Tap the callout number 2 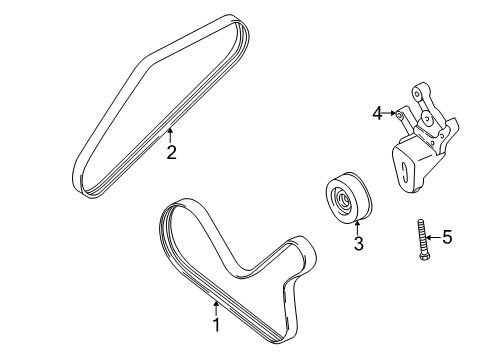pos(171,152)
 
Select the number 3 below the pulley pos(356,244)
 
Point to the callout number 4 pos(377,114)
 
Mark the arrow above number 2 pos(171,136)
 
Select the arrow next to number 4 pos(391,114)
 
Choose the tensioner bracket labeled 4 pos(420,150)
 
